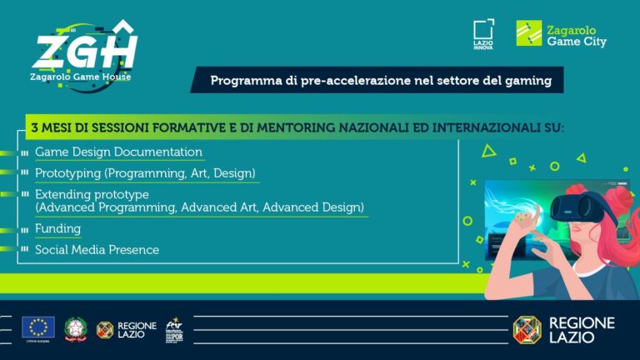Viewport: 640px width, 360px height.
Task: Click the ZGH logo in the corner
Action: (x=83, y=50)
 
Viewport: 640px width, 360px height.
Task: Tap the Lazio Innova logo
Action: (x=482, y=35)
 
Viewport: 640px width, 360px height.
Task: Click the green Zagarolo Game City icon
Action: (x=528, y=34)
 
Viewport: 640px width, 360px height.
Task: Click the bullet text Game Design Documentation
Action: (x=118, y=152)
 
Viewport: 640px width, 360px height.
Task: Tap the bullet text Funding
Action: (x=57, y=228)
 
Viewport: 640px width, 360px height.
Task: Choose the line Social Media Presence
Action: (x=97, y=250)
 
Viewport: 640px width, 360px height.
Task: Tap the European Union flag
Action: (x=38, y=327)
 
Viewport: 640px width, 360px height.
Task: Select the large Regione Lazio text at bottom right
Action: (x=582, y=329)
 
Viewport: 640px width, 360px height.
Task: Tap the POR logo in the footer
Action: (x=174, y=328)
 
